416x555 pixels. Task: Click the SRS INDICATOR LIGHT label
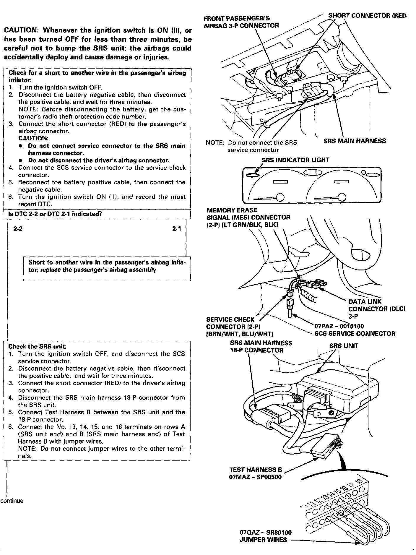click(295, 160)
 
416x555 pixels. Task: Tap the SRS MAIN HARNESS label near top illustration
click(355, 141)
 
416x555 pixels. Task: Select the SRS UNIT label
click(344, 346)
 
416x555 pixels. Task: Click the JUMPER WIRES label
click(263, 540)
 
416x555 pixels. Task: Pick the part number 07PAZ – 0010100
click(339, 327)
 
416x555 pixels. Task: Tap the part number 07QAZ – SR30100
click(265, 533)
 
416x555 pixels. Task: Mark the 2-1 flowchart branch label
click(177, 229)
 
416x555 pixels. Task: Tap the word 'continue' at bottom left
click(12, 501)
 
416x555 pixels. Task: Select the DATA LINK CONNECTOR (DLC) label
click(376, 309)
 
